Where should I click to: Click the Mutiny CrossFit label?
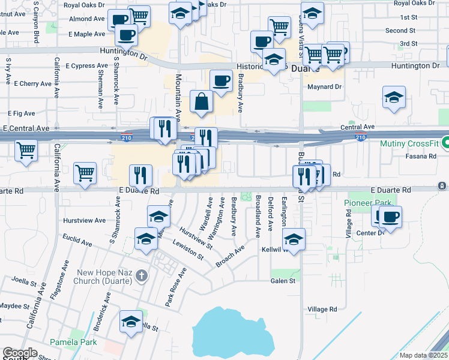point(410,144)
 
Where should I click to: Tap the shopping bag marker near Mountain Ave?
point(202,102)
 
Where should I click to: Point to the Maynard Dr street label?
point(325,87)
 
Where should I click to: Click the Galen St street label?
point(283,280)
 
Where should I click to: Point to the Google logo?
point(20,353)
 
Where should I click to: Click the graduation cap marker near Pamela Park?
point(131,322)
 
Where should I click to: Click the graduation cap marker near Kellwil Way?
point(294,240)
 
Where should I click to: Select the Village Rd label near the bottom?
point(323,309)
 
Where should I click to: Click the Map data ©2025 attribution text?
point(424,355)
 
